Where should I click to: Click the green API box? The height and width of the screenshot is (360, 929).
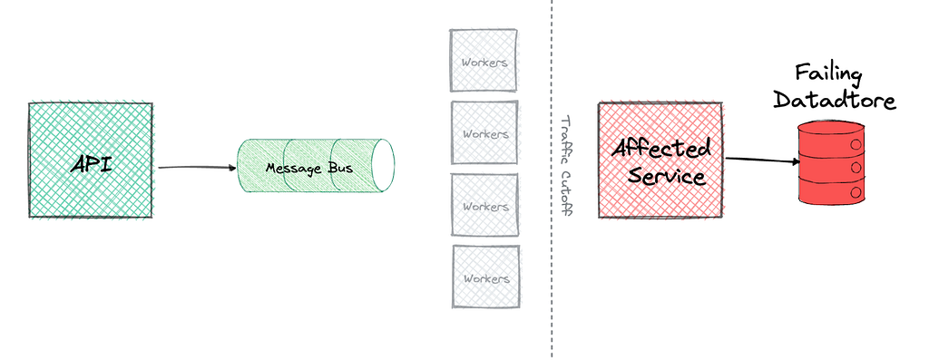pos(91,161)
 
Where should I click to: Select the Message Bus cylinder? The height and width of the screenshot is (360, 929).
pos(316,166)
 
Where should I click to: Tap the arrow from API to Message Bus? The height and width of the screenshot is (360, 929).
pos(197,168)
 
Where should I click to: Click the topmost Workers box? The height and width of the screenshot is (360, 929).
pos(484,61)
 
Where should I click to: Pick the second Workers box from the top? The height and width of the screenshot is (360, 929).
pos(484,132)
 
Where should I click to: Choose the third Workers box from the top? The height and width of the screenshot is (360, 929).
pos(484,206)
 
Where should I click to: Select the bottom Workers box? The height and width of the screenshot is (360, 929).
pos(486,277)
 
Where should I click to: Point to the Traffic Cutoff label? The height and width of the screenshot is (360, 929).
pos(566,166)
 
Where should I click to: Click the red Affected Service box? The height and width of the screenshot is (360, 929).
pos(660,161)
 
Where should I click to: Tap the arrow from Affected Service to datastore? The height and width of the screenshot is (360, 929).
pos(762,160)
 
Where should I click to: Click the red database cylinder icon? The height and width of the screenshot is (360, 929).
pos(832,161)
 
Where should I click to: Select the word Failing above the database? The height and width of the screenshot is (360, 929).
pos(828,75)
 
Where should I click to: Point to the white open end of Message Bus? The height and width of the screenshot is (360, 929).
pos(382,166)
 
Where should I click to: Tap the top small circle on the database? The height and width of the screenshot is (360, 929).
pos(856,144)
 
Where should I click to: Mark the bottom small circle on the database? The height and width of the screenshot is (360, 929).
pos(856,192)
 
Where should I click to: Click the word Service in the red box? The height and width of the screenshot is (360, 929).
pos(667,175)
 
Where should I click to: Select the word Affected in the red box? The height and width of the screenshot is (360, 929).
pos(661,148)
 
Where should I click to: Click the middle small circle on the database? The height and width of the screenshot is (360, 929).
pos(856,168)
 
